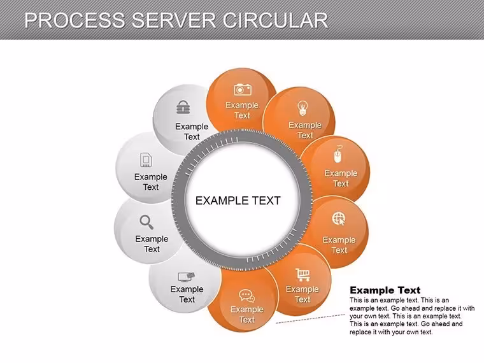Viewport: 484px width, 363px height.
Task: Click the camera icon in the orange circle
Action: tap(242, 90)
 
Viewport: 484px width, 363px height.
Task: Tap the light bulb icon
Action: tap(302, 109)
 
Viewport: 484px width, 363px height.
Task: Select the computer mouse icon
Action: tap(338, 154)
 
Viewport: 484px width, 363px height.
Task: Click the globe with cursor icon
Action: tap(339, 219)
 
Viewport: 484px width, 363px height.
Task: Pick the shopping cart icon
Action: tap(302, 274)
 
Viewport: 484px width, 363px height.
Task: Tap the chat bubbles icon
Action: tap(246, 296)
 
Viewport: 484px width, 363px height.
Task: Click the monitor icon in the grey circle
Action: tap(187, 277)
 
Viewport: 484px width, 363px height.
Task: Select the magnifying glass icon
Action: tap(146, 222)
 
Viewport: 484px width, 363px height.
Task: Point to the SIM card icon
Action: tap(146, 160)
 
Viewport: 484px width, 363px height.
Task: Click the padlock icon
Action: tap(183, 107)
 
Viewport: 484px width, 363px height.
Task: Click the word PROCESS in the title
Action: tap(75, 20)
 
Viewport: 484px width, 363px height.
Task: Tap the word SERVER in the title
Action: tap(173, 20)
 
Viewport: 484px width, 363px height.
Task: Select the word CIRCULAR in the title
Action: tap(275, 20)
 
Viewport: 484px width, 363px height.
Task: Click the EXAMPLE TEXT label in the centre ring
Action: tap(238, 201)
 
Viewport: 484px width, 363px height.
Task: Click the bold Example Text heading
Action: tap(385, 290)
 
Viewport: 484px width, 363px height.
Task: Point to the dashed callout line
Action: tap(310, 319)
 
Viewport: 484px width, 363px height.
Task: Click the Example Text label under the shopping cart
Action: tap(302, 294)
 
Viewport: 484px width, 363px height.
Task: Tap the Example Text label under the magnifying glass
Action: tap(152, 244)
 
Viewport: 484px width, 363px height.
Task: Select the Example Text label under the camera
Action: tap(242, 110)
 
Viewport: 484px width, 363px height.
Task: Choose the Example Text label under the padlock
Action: tap(192, 131)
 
